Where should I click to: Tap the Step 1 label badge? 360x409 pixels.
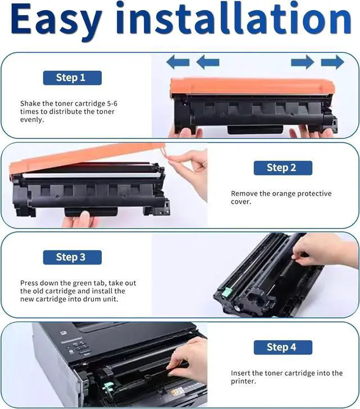pos(72,78)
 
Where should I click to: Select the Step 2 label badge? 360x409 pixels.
pos(283,168)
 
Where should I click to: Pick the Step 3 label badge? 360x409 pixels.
pos(72,257)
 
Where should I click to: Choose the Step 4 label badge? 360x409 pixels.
pos(283,347)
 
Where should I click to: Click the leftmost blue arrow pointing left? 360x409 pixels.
pos(178,62)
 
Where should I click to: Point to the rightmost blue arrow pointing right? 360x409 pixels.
pos(332,62)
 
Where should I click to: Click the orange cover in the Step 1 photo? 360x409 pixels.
pos(252,86)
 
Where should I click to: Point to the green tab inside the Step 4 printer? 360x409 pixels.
pos(107,387)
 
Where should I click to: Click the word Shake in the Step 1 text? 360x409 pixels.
pos(30,104)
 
